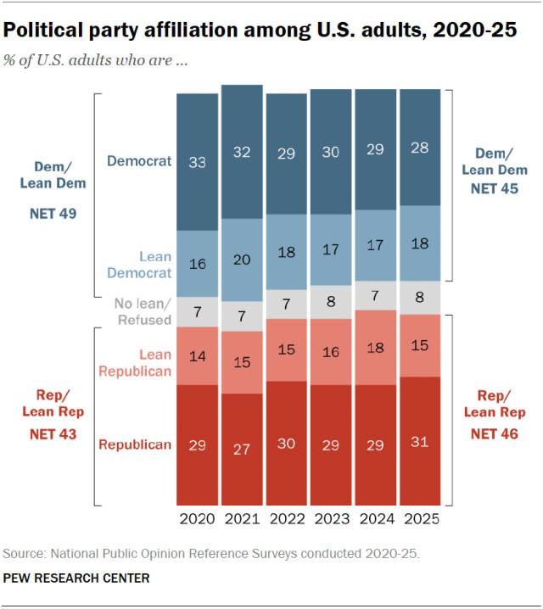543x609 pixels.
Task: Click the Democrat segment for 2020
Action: pyautogui.click(x=198, y=161)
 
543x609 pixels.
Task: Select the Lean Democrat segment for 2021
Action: pyautogui.click(x=243, y=260)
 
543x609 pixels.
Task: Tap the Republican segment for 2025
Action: pyautogui.click(x=420, y=441)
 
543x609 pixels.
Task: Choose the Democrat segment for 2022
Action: pyautogui.click(x=287, y=154)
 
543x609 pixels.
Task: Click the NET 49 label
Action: pyautogui.click(x=53, y=214)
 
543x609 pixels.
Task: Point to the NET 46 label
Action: pyautogui.click(x=494, y=433)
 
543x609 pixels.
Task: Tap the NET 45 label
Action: pyautogui.click(x=494, y=188)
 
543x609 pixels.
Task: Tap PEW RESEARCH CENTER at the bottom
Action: pyautogui.click(x=76, y=578)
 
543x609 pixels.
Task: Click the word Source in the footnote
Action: pyautogui.click(x=23, y=554)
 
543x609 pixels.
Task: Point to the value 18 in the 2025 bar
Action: pyautogui.click(x=420, y=243)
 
